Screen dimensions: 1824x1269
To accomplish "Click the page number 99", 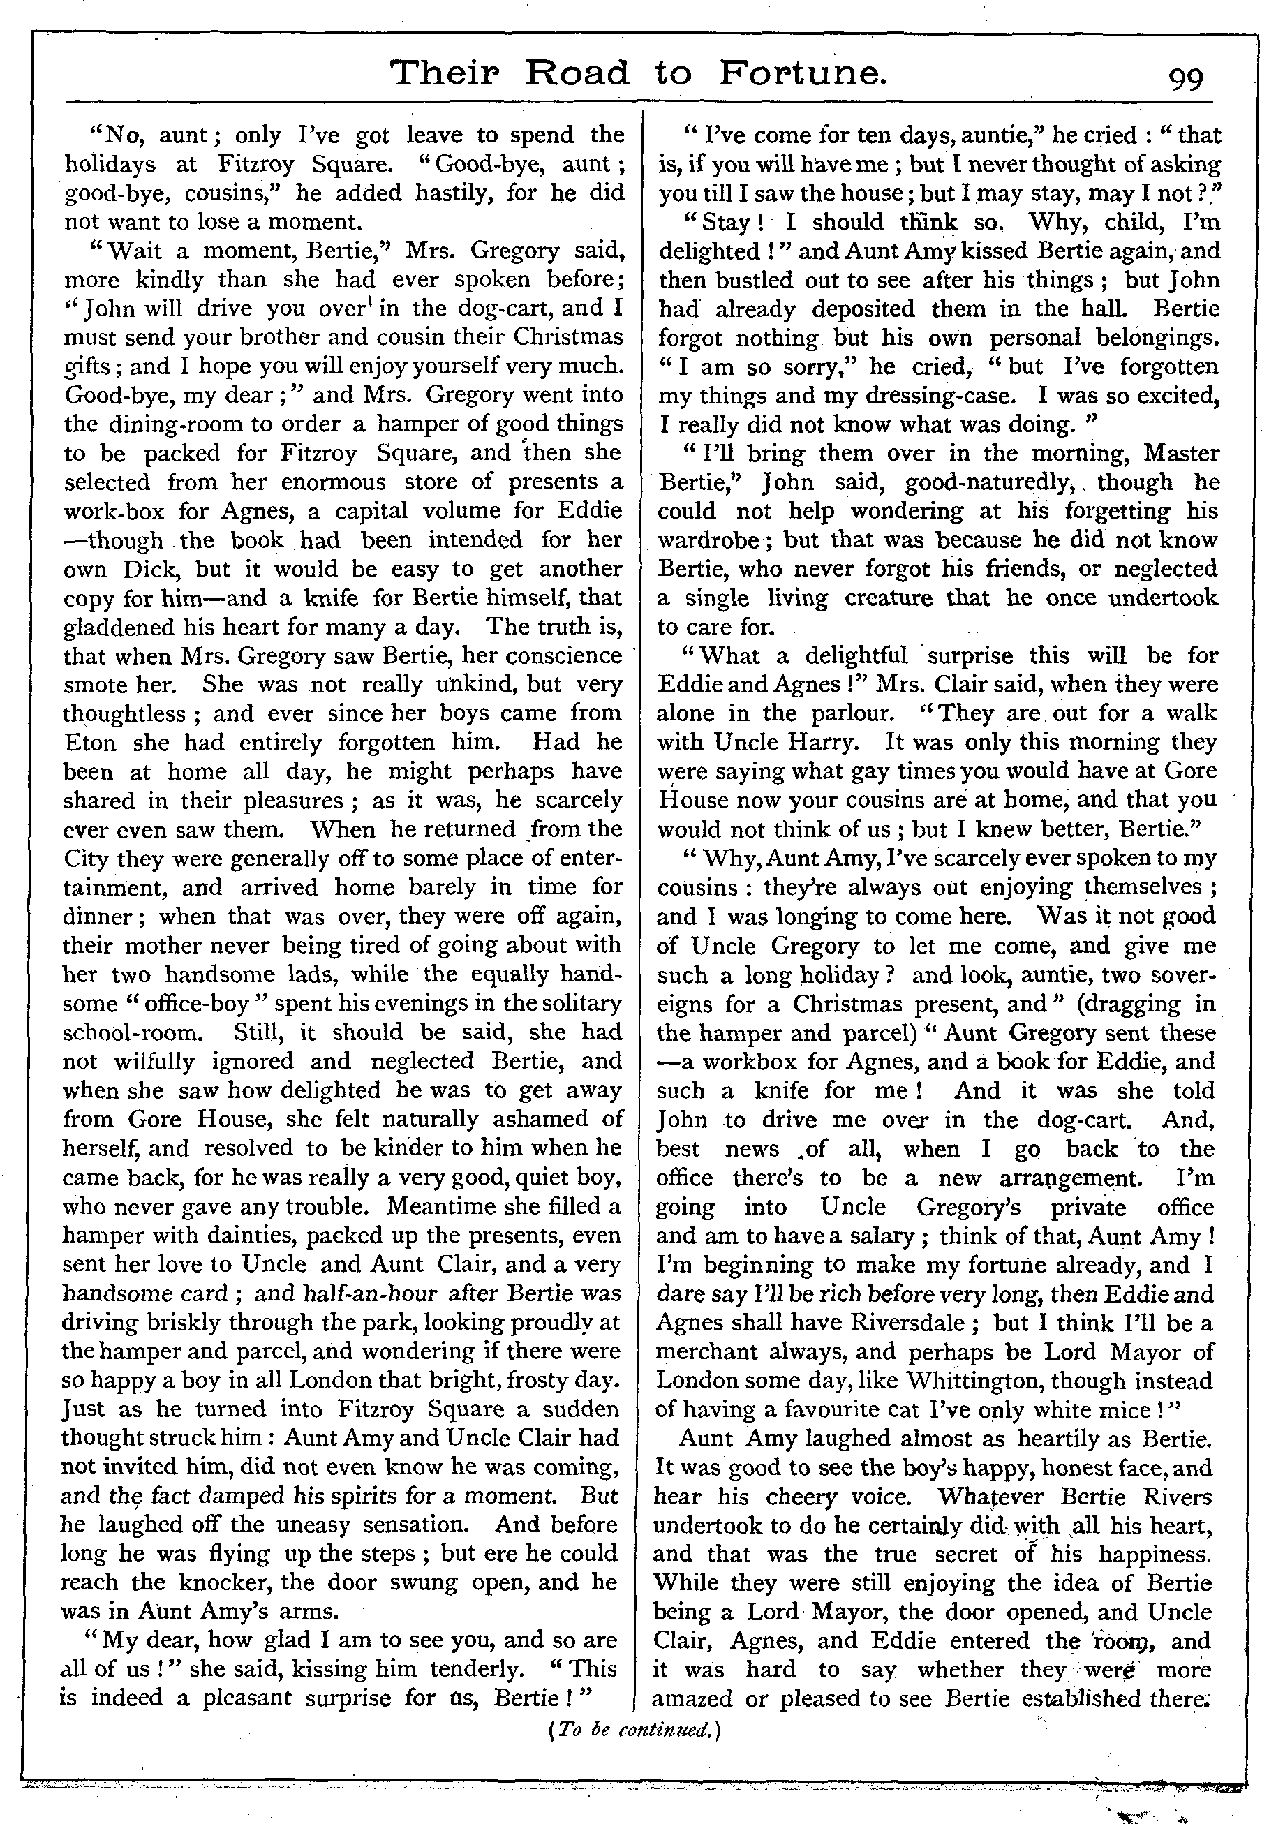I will coord(1185,78).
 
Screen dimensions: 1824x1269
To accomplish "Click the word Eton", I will coord(90,743).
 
